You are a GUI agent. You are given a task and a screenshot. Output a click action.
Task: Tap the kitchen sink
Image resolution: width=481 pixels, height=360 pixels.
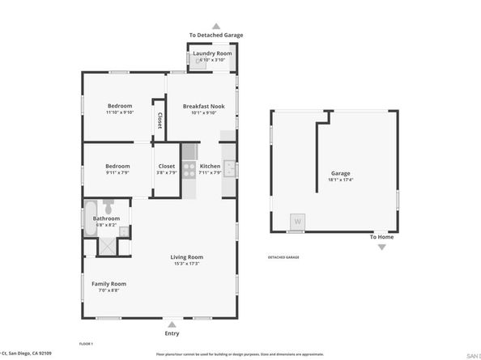pyautogui.click(x=229, y=169)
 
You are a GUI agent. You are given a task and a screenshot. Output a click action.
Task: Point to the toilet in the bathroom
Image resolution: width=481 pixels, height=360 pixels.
pyautogui.click(x=123, y=232)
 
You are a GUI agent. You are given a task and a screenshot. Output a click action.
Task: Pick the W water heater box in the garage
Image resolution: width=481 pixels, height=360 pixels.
pyautogui.click(x=297, y=222)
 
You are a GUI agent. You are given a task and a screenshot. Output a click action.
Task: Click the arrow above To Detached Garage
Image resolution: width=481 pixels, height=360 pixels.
pyautogui.click(x=215, y=26)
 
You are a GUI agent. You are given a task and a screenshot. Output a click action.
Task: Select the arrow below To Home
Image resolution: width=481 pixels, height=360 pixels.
pyautogui.click(x=382, y=247)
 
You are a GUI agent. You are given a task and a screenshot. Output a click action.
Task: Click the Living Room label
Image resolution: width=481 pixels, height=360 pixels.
pyautogui.click(x=185, y=256)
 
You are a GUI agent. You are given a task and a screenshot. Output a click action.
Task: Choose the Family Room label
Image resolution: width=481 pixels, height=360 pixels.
pyautogui.click(x=108, y=283)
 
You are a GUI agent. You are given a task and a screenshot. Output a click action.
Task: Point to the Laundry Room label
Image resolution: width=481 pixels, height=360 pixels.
pyautogui.click(x=212, y=53)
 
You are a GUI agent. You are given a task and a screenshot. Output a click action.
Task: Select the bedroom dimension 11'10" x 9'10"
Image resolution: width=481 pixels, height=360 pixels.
pyautogui.click(x=120, y=113)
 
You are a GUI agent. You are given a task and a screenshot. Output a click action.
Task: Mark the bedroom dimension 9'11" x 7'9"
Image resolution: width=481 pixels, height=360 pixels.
pyautogui.click(x=119, y=172)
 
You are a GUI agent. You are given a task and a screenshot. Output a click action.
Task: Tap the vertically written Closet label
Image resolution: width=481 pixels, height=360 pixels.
pyautogui.click(x=159, y=121)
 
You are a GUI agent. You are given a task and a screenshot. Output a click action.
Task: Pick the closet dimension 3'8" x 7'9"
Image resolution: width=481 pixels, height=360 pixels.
pyautogui.click(x=166, y=172)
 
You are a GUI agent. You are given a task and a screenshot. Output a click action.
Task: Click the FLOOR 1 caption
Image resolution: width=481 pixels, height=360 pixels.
pyautogui.click(x=86, y=344)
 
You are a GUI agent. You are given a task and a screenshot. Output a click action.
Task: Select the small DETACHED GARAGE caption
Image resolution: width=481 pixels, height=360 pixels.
pyautogui.click(x=283, y=256)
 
